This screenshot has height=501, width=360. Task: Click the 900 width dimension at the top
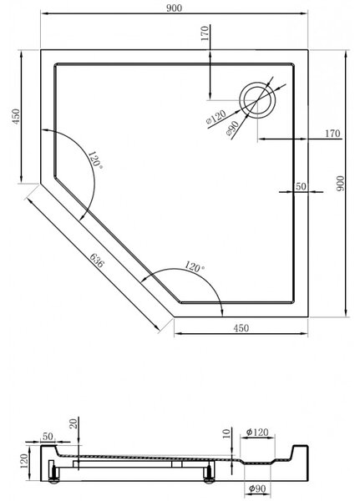point(174,8)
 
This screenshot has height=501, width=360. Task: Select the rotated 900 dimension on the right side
point(341,184)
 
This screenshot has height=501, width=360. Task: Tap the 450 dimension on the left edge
point(16,117)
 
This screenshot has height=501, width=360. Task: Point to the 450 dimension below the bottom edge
point(241,328)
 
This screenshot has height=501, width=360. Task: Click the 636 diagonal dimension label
point(97,261)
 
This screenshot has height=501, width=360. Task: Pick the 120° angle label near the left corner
point(95,159)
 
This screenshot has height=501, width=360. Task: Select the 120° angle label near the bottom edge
point(194,266)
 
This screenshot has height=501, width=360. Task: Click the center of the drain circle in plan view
point(257,100)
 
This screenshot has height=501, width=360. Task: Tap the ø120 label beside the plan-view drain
point(216,117)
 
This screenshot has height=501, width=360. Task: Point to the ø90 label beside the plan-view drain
point(232,129)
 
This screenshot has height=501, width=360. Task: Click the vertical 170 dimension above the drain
point(205,33)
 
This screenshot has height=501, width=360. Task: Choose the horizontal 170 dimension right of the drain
point(332,134)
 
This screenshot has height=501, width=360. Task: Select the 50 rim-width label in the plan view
point(301,186)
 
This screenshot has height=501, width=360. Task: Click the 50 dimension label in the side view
point(48,436)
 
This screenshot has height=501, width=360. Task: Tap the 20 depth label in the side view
point(74,423)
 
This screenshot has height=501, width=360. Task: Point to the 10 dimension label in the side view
point(226,433)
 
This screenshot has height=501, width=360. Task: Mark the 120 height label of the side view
point(24,461)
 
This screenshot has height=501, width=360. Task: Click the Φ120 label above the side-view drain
point(257,433)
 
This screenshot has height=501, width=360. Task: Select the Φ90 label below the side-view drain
point(257,488)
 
